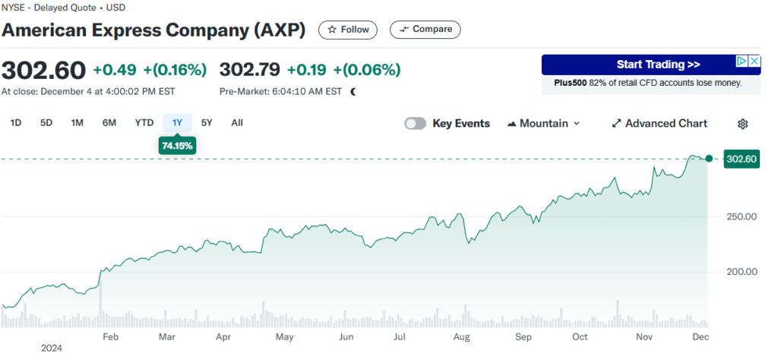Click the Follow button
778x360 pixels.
point(348,30)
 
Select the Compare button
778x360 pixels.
point(425,30)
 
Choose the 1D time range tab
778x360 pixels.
point(16,123)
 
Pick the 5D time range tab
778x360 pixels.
point(46,123)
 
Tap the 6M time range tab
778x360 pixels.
point(109,123)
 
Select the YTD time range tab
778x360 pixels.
point(144,123)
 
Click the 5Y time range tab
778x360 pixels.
point(207,123)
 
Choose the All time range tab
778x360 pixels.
point(237,123)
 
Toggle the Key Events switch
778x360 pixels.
point(416,124)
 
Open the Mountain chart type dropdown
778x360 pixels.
point(542,124)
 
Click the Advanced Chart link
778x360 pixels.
point(659,124)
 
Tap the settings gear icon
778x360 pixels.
point(743,124)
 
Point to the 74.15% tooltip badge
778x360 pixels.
point(177,145)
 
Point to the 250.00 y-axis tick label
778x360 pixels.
point(742,216)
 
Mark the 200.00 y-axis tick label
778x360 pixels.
point(742,271)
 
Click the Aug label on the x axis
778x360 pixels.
point(460,336)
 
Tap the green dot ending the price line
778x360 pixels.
point(709,159)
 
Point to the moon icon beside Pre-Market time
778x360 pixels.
point(353,92)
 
